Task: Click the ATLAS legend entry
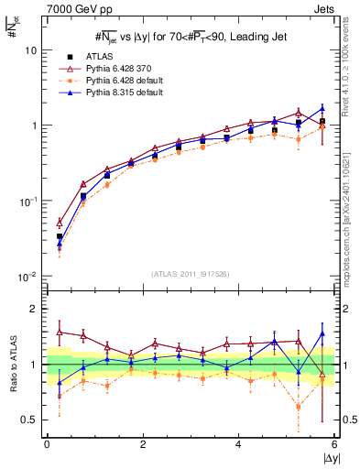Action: coord(100,57)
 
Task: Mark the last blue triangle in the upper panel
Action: coord(322,108)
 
